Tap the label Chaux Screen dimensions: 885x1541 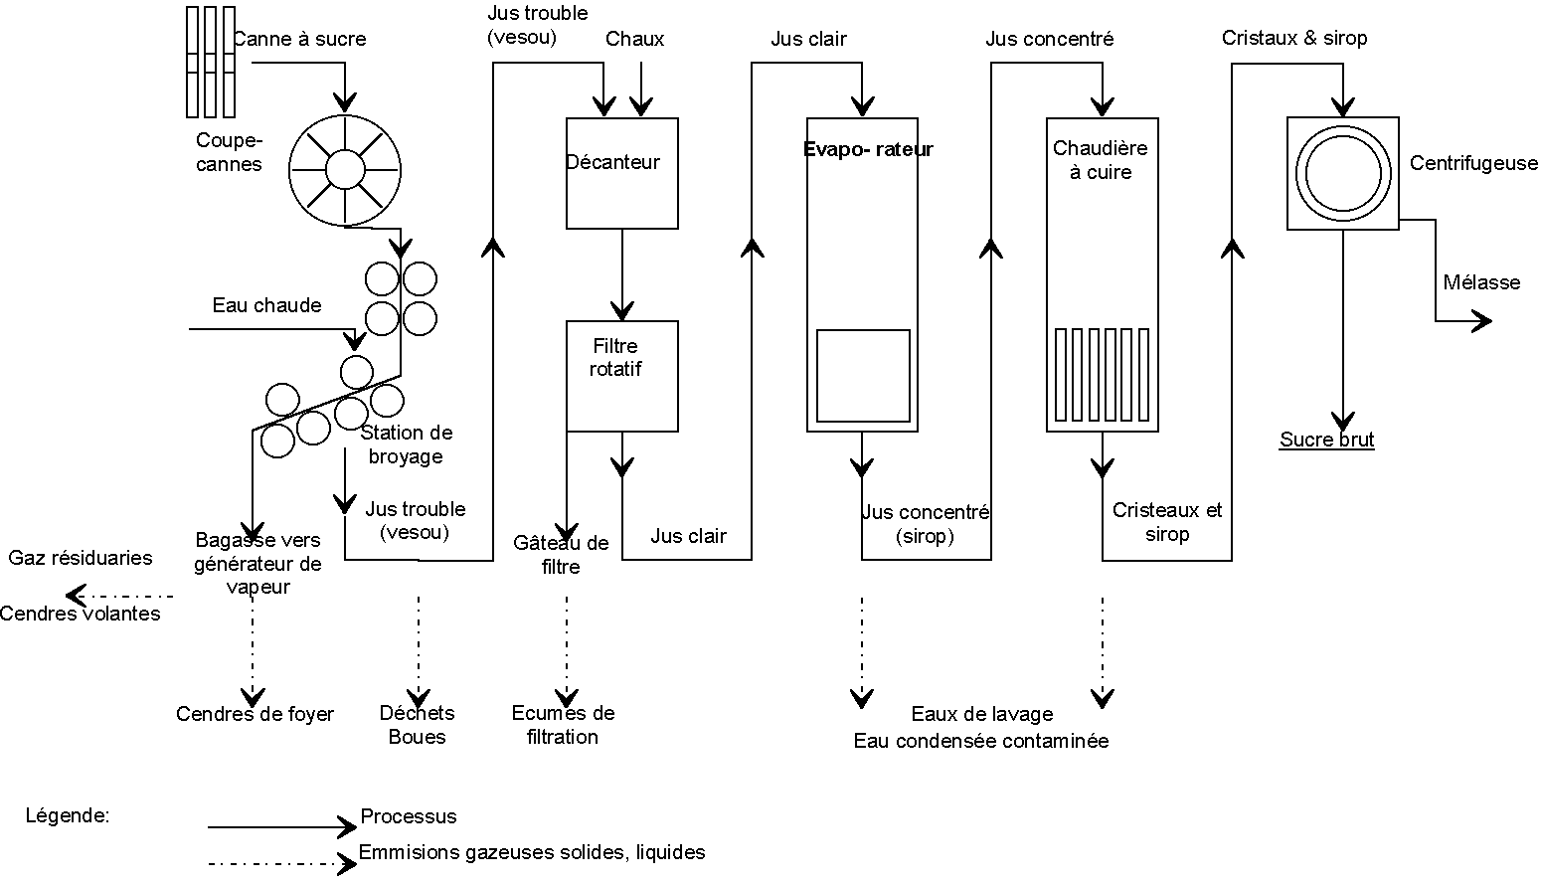pos(634,39)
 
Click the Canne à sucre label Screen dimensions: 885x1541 pos(299,40)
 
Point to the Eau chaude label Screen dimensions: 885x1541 pos(266,305)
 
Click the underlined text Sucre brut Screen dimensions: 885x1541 pos(1326,440)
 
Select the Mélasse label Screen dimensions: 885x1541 pos(1481,282)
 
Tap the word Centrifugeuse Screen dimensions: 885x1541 pos(1473,164)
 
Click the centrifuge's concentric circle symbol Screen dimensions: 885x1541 pos(1343,174)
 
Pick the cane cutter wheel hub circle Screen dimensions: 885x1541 pos(345,169)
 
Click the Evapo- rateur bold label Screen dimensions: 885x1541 pos(868,150)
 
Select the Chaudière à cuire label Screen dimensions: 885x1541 pos(1100,160)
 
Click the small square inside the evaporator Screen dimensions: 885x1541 pos(863,376)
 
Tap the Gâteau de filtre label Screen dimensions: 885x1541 pos(561,555)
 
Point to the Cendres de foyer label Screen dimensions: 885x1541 pos(255,714)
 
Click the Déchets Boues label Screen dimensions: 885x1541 pos(418,725)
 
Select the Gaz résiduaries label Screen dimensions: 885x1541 pos(81,558)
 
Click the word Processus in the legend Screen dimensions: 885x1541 pos(409,816)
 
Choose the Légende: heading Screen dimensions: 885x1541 pos(68,815)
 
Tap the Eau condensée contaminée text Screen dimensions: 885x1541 pos(980,741)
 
